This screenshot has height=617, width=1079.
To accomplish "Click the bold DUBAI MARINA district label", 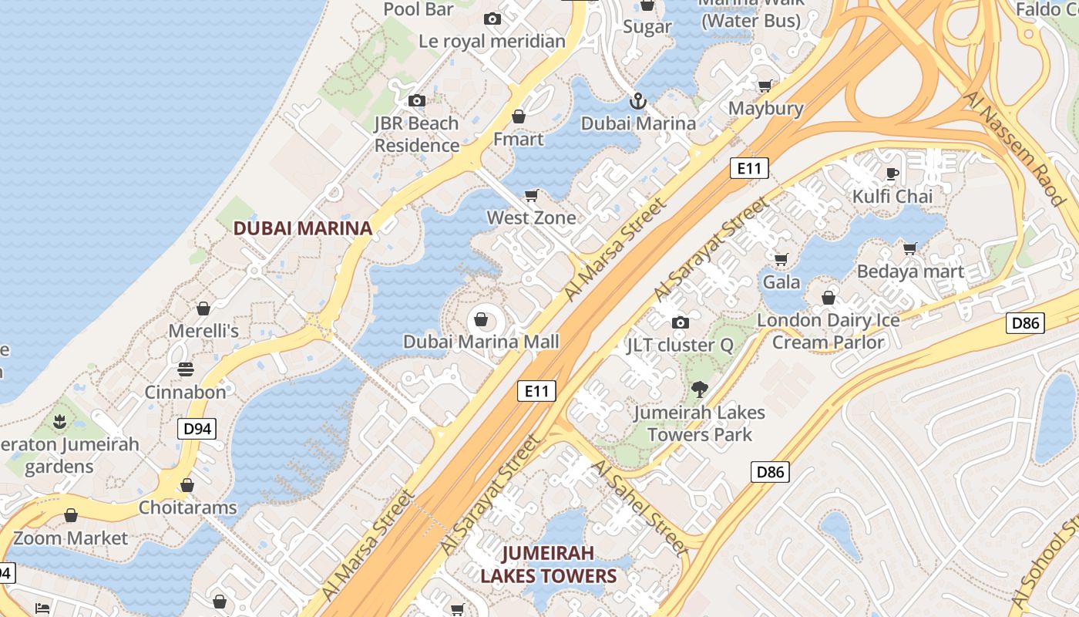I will point(303,228).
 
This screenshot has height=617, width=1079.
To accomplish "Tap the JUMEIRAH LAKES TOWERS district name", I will point(549,565).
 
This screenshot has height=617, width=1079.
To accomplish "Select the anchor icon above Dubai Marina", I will point(638,101).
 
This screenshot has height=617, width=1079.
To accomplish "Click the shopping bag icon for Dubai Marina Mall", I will point(482,319).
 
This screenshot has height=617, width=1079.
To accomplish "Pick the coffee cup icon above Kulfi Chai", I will point(892,174).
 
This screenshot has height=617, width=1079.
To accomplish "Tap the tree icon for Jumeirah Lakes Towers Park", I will point(700,389).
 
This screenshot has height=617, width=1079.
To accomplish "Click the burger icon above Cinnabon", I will point(186,369).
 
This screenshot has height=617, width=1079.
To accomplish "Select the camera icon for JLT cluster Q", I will point(680,322).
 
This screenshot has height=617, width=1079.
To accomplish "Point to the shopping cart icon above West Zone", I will point(531,195).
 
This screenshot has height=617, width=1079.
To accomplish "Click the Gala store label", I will point(782,282).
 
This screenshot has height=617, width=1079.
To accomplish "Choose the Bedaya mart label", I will point(910,271).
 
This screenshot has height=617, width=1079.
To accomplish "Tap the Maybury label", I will point(765,109).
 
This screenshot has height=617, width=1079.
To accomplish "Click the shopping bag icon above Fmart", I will point(519,116).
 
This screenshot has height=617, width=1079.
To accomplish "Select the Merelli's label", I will point(203,331).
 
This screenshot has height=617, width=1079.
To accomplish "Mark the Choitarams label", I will point(187,508).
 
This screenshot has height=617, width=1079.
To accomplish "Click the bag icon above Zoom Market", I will point(71,515).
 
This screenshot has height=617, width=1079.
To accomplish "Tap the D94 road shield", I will point(197,429).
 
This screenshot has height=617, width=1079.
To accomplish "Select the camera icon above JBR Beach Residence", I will point(417,100).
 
